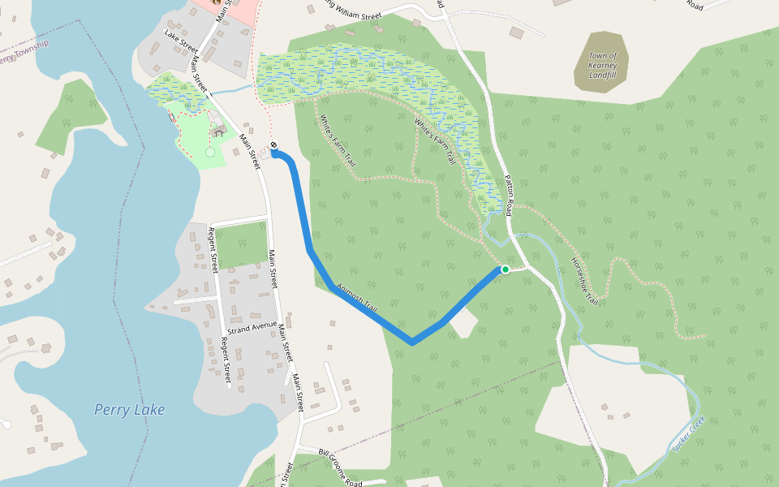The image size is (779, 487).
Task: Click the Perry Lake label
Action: tap(129, 410)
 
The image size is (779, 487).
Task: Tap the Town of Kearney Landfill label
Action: tap(602, 66)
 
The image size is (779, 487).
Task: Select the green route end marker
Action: tap(505, 269)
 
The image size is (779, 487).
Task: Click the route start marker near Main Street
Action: tap(274, 147)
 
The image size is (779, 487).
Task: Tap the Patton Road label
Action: tap(509, 196)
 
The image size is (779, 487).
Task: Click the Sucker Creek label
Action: tap(687, 434)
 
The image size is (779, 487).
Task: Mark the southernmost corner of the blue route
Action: tap(412, 343)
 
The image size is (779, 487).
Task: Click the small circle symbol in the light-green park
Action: tap(210, 152)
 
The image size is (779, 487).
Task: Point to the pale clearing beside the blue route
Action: tap(462, 324)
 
